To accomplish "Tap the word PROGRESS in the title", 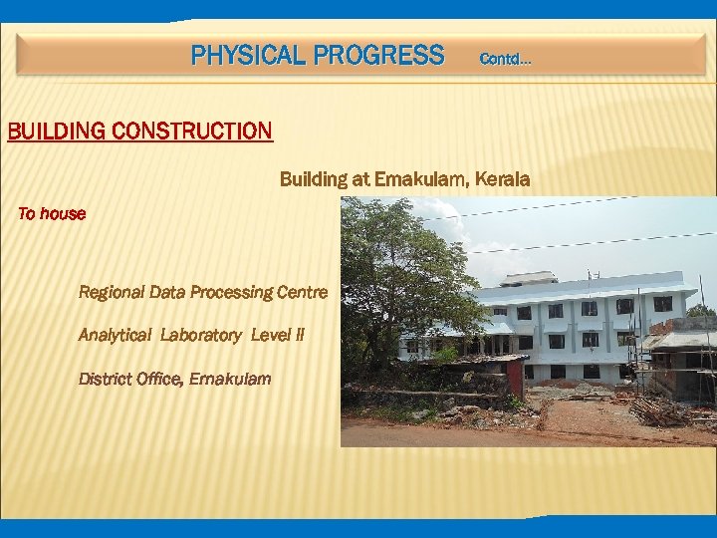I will pyautogui.click(x=378, y=55).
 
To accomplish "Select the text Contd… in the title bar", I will pyautogui.click(x=505, y=60).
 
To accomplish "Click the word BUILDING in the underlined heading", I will pyautogui.click(x=56, y=131).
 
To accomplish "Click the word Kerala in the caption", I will pyautogui.click(x=503, y=179).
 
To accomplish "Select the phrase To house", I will pyautogui.click(x=52, y=213).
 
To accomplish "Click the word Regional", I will pyautogui.click(x=112, y=292).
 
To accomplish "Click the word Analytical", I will pyautogui.click(x=115, y=336).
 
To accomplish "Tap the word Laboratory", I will pyautogui.click(x=203, y=336).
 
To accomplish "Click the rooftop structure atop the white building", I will pyautogui.click(x=527, y=278).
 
